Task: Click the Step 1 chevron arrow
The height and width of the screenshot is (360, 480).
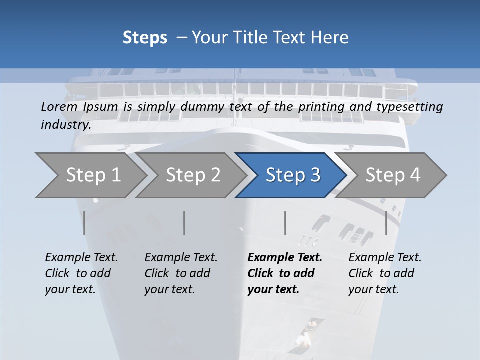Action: pyautogui.click(x=92, y=175)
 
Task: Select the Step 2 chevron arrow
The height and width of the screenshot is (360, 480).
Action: pyautogui.click(x=192, y=175)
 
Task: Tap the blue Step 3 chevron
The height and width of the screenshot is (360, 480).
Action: pyautogui.click(x=292, y=175)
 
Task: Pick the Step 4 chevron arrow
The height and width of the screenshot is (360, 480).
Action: pyautogui.click(x=392, y=175)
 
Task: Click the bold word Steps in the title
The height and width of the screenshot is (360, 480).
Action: pyautogui.click(x=145, y=38)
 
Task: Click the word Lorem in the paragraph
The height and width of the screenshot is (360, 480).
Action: pyautogui.click(x=59, y=106)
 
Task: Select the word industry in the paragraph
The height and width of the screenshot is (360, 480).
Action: pyautogui.click(x=65, y=125)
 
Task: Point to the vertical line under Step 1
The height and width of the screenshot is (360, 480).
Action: pyautogui.click(x=84, y=223)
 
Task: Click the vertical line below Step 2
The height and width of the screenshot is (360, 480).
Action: pyautogui.click(x=184, y=223)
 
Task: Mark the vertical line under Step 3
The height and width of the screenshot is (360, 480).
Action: pyautogui.click(x=285, y=223)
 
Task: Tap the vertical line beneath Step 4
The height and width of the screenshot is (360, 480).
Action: pyautogui.click(x=386, y=223)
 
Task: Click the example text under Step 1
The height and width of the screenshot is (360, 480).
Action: pyautogui.click(x=81, y=273)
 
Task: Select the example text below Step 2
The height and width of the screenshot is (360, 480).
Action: pyautogui.click(x=181, y=273)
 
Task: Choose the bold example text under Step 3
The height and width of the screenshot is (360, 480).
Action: pyautogui.click(x=284, y=273)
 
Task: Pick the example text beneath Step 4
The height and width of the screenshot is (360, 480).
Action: pyautogui.click(x=385, y=273)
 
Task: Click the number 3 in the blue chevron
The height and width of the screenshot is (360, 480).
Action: pyautogui.click(x=315, y=175)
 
